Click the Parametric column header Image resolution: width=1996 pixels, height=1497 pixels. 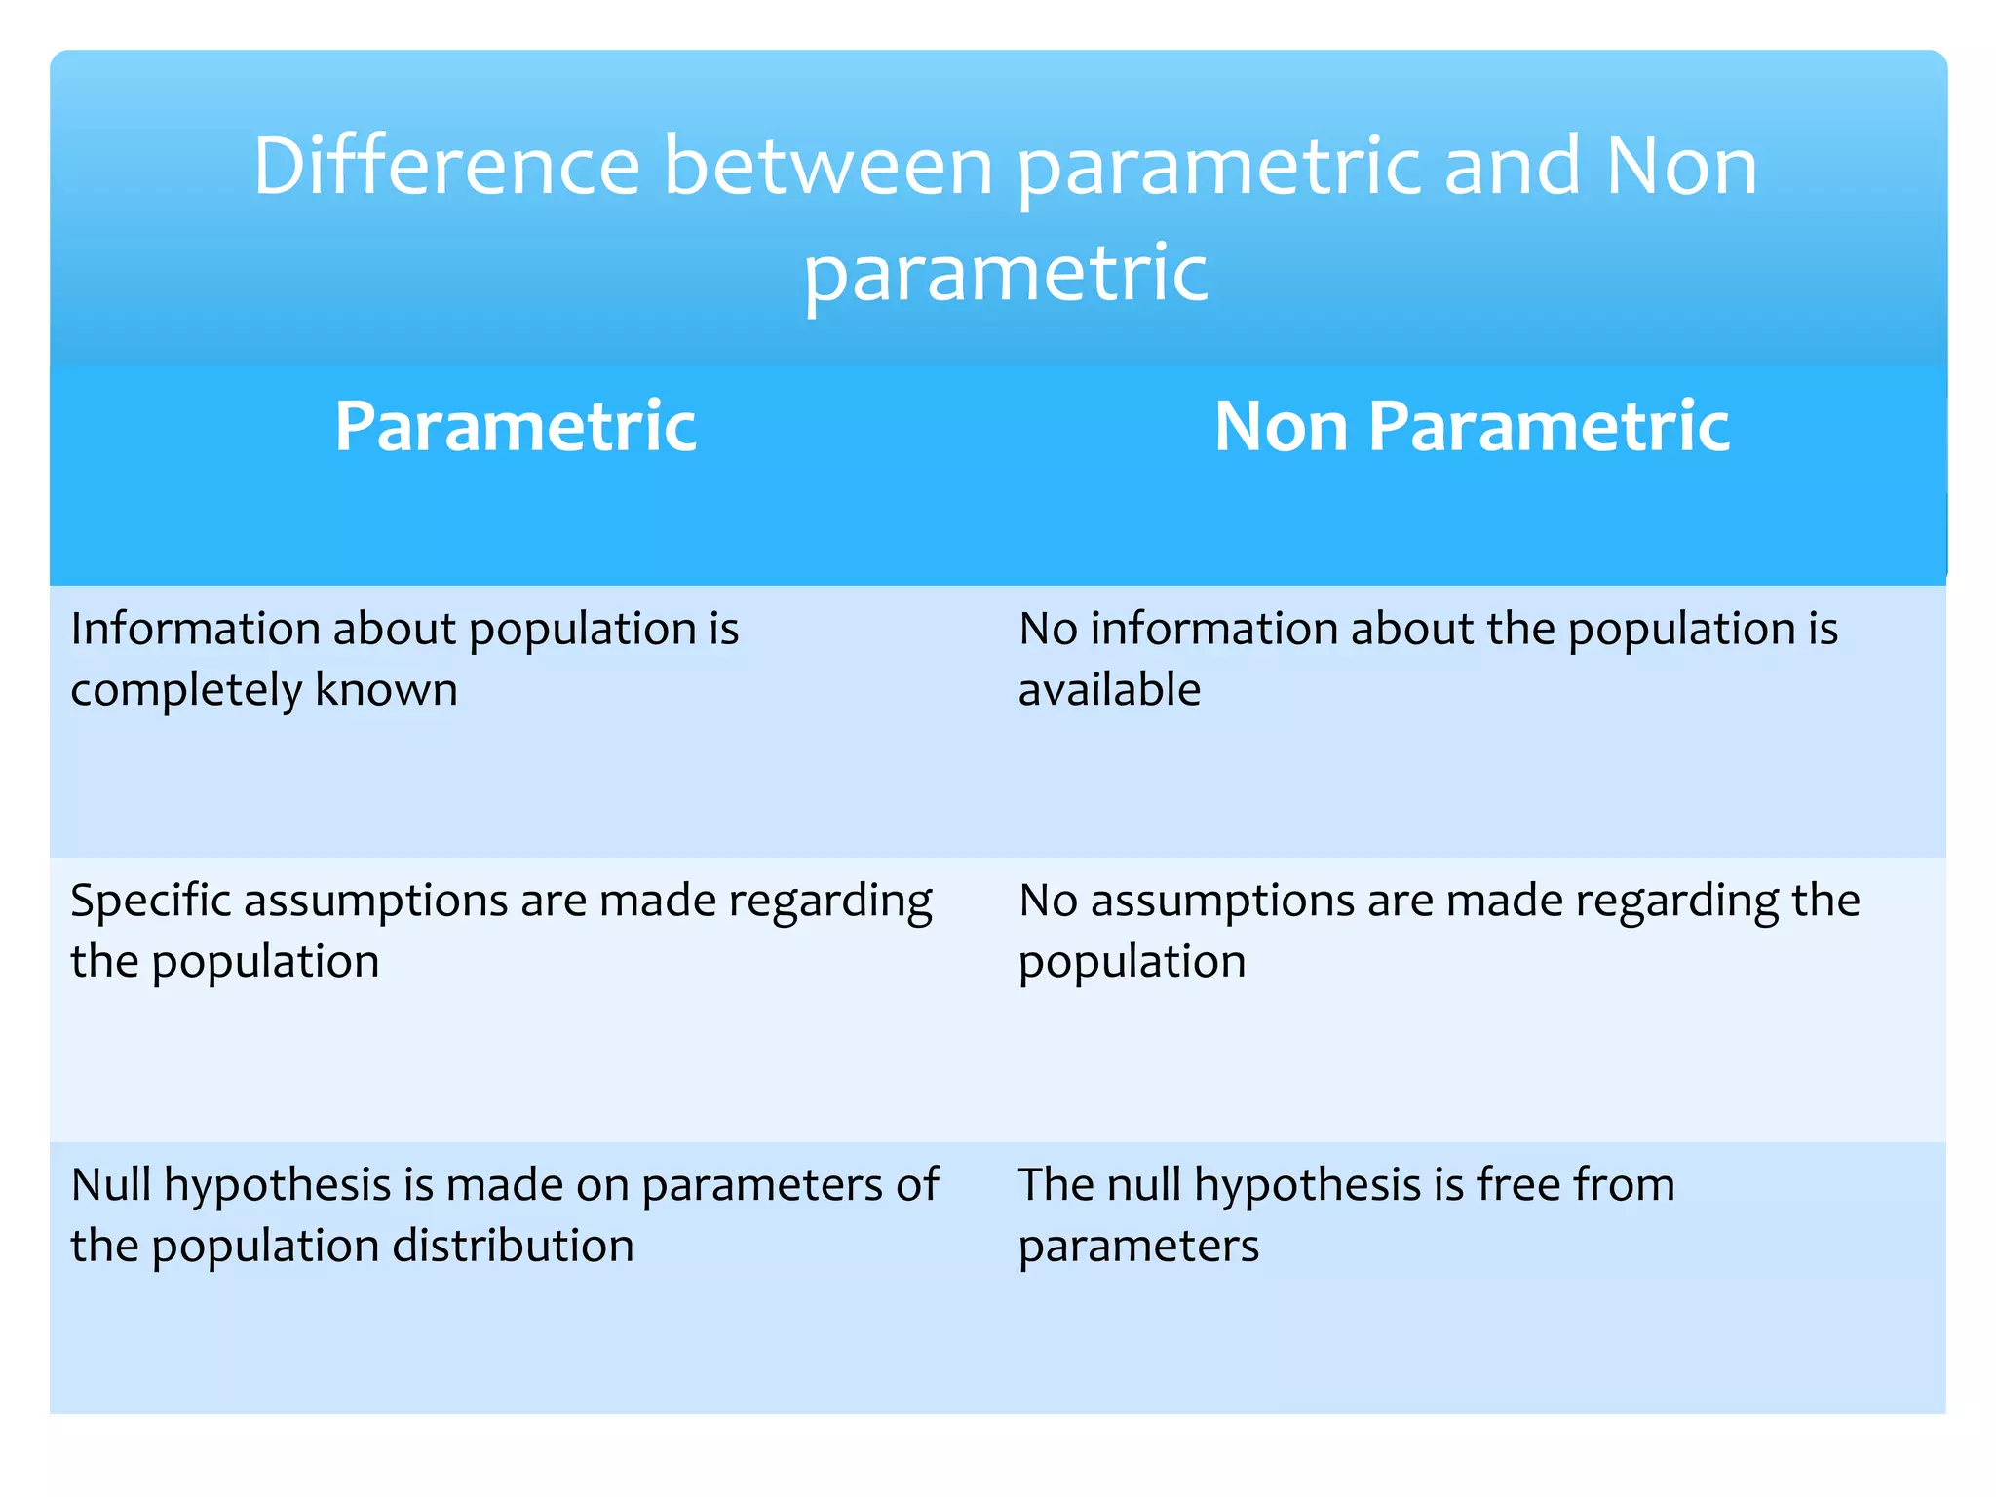516,427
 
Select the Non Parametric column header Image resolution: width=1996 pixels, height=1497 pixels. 1472,427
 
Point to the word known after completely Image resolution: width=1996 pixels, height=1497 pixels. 386,690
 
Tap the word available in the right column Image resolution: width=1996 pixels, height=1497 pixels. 1109,690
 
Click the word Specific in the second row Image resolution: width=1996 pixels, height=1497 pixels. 150,902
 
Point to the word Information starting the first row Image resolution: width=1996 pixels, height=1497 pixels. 194,629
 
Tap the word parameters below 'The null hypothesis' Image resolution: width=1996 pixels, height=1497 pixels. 1138,1247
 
